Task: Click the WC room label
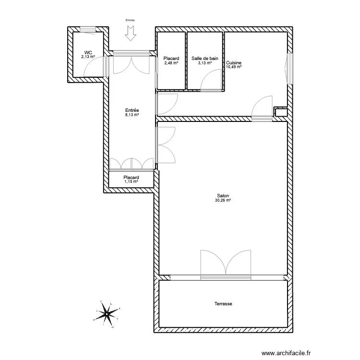click(88, 52)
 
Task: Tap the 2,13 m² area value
click(88, 57)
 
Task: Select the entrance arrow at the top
click(130, 33)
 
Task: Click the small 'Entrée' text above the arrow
click(130, 20)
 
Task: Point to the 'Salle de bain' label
click(205, 59)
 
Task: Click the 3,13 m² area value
click(205, 63)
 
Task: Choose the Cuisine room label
click(234, 63)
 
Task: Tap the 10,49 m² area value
click(233, 67)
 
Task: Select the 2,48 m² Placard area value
click(171, 63)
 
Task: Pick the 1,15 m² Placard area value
click(131, 181)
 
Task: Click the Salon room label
click(223, 196)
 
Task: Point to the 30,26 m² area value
click(223, 200)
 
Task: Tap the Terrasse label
click(223, 304)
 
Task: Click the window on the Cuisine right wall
click(289, 68)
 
